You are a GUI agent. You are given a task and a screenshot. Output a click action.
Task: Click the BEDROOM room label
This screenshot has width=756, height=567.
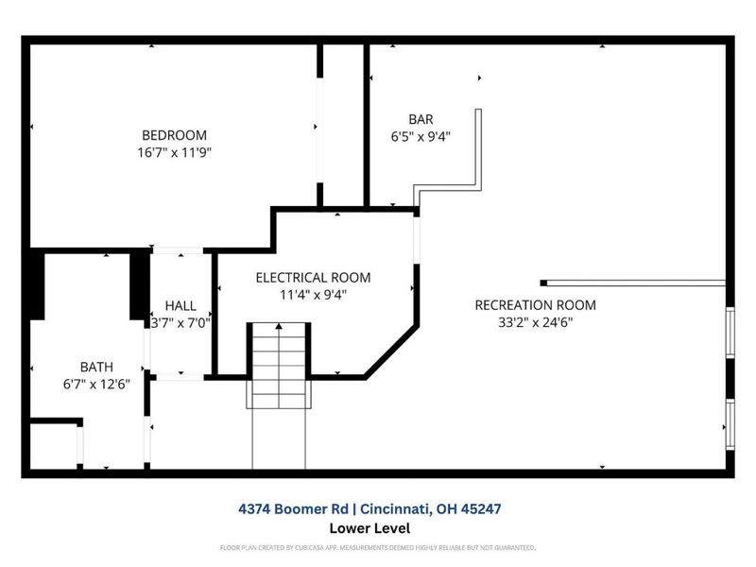(174, 135)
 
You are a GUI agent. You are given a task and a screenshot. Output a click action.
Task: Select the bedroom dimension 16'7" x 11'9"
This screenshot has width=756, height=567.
(174, 152)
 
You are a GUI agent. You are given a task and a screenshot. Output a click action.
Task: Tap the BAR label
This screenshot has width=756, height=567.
(421, 119)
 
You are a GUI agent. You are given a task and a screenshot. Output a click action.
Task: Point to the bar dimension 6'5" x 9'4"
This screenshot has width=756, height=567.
(421, 136)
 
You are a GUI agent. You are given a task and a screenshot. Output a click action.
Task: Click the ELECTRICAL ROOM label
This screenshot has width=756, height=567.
(313, 278)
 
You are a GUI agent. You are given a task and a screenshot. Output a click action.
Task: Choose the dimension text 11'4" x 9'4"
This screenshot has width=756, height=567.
(313, 294)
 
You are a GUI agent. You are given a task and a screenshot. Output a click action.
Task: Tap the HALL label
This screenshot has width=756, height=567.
(180, 306)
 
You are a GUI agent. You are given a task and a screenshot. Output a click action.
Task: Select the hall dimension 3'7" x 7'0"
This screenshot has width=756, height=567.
(180, 322)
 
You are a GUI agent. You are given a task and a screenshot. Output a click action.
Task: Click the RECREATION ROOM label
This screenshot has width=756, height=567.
(535, 305)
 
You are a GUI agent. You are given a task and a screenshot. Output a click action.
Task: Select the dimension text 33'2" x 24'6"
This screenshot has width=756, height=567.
(535, 322)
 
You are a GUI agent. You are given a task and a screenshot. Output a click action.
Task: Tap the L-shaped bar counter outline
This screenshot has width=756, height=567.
(478, 151)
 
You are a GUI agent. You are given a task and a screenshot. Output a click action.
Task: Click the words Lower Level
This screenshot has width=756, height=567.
(369, 528)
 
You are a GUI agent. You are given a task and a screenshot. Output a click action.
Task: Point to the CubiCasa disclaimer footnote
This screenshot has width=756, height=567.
(378, 548)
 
